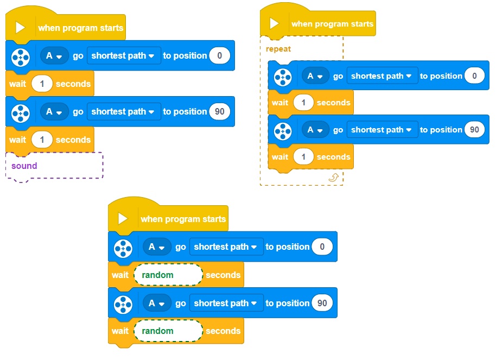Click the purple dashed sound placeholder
54,166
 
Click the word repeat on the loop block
278,49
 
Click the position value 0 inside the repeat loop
474,76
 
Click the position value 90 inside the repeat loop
474,130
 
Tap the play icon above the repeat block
275,24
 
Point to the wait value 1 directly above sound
42,140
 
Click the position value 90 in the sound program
220,112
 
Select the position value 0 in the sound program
219,55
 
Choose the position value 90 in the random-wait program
322,304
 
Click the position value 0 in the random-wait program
322,247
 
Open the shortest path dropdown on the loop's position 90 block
382,130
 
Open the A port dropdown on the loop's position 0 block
314,76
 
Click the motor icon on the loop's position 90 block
282,130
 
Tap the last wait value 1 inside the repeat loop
304,157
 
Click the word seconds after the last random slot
223,331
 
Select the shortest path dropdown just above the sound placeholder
123,112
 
